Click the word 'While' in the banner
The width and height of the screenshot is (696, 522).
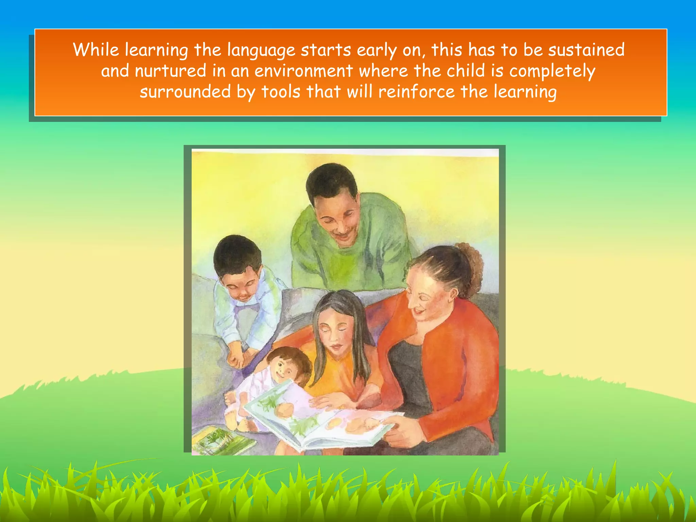coord(96,50)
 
